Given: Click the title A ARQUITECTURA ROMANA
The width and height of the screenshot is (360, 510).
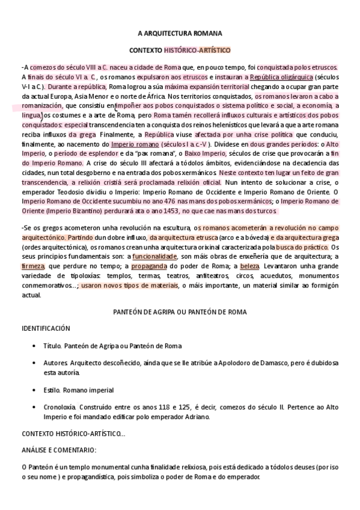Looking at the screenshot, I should (180, 34).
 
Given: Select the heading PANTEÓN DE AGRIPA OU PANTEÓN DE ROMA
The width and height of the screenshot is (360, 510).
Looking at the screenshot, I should (180, 312).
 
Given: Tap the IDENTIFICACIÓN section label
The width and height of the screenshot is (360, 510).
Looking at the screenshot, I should (46, 329).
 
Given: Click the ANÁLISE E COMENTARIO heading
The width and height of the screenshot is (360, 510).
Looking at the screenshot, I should (58, 450).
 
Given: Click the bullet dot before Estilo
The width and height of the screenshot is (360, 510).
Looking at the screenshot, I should (33, 390).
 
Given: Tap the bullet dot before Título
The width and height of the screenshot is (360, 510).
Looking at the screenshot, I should (33, 346).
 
